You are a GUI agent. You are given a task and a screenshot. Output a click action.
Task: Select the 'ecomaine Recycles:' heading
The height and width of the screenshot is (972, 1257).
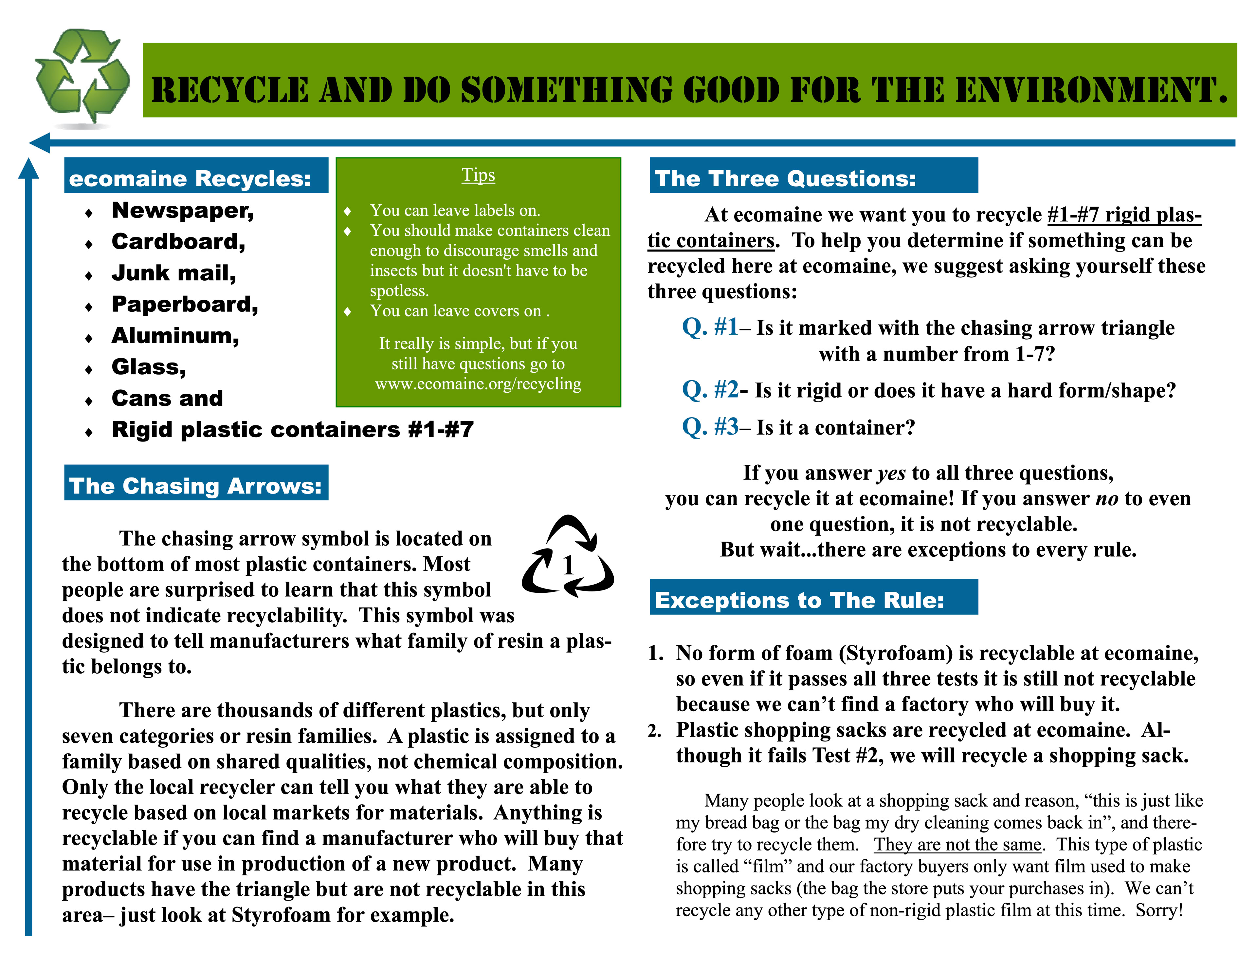click(190, 178)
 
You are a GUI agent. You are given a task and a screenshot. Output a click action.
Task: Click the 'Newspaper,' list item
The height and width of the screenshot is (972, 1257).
click(182, 211)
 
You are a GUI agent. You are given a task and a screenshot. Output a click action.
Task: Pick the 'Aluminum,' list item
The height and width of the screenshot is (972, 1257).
click(175, 336)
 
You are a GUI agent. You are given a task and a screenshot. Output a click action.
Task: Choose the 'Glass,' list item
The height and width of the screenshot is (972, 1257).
click(149, 367)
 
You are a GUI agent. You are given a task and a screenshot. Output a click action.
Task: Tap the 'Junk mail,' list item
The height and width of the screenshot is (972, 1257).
click(173, 273)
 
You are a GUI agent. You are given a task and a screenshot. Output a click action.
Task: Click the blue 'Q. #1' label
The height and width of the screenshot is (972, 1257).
click(710, 327)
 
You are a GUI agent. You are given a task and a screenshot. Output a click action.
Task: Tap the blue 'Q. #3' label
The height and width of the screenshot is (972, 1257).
click(710, 427)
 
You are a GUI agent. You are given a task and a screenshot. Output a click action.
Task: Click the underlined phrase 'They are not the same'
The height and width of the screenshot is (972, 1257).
click(957, 844)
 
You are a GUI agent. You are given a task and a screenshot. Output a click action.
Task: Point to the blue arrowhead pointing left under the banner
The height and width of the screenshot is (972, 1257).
click(40, 142)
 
